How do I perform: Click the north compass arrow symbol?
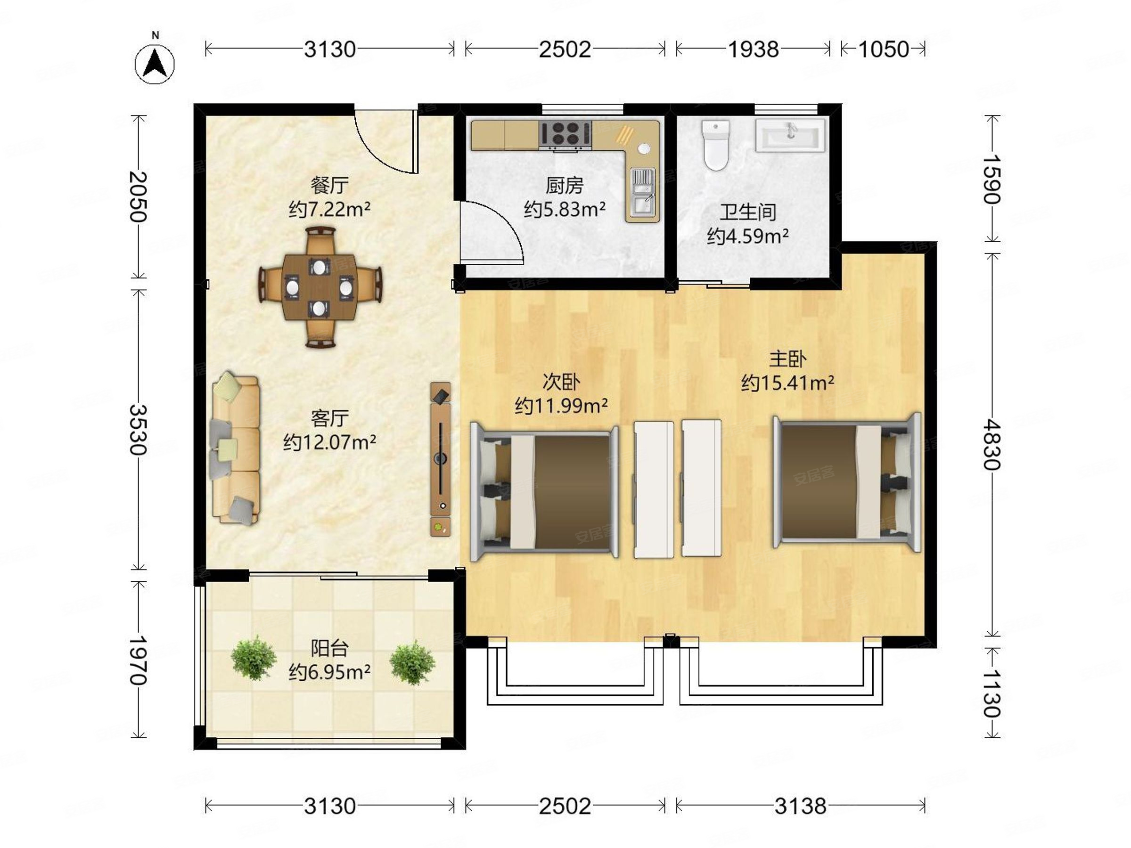click(155, 65)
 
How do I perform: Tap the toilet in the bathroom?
click(715, 145)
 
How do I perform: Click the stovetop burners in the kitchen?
click(565, 134)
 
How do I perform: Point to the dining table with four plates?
click(320, 288)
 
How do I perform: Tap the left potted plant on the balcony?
click(254, 658)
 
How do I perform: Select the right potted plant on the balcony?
click(413, 662)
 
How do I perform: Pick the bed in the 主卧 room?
click(847, 482)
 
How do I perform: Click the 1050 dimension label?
click(883, 49)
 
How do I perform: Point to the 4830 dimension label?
click(992, 444)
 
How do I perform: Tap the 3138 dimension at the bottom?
click(800, 806)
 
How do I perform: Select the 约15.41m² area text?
click(788, 383)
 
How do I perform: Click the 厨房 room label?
click(565, 186)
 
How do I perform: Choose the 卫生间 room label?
click(748, 212)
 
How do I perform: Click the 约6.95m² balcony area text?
click(329, 672)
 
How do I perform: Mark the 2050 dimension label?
click(138, 196)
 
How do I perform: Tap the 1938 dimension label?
click(753, 49)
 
